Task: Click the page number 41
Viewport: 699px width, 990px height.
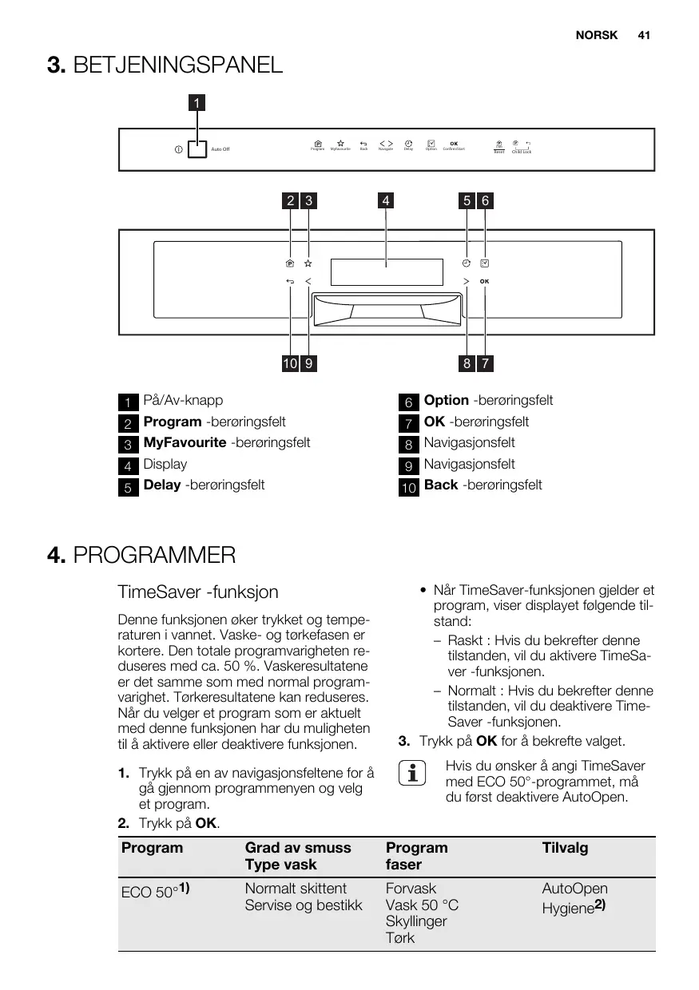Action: click(x=644, y=36)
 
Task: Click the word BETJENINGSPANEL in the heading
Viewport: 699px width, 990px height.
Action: click(x=177, y=65)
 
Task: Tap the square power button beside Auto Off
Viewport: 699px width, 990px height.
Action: click(x=197, y=149)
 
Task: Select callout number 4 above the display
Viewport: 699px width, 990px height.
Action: click(x=386, y=201)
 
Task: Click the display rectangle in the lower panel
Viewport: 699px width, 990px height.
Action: click(x=386, y=271)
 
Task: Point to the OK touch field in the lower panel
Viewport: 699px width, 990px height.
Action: click(x=485, y=281)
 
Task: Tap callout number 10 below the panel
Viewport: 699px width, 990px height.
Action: click(x=289, y=364)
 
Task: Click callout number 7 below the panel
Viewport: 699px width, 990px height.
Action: click(x=485, y=364)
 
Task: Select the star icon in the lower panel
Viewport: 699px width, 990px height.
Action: click(x=308, y=263)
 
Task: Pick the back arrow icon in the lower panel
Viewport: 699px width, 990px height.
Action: click(x=289, y=281)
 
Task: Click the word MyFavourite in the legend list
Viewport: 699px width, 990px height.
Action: click(x=185, y=442)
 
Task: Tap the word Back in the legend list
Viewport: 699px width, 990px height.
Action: click(x=440, y=485)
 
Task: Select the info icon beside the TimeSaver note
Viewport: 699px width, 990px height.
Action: click(x=414, y=774)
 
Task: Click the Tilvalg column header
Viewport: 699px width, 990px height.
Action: click(x=565, y=848)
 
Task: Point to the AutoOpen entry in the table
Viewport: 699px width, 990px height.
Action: click(x=574, y=889)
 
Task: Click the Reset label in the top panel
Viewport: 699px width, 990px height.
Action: click(x=498, y=152)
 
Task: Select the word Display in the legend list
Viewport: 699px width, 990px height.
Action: click(x=165, y=464)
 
